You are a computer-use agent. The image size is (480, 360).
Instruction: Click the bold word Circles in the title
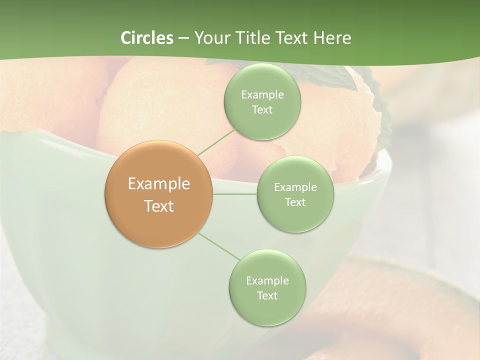[147, 38]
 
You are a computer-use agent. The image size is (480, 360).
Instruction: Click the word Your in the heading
[212, 38]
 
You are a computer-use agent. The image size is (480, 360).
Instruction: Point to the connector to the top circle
[216, 142]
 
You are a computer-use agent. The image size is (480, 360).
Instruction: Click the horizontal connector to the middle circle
[234, 194]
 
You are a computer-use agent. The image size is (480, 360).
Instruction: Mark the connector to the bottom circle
[219, 246]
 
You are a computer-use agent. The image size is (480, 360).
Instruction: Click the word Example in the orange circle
[159, 184]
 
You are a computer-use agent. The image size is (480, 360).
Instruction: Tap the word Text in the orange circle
[159, 206]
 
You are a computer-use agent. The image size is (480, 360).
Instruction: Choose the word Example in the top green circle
[262, 95]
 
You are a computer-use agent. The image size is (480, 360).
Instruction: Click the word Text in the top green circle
[262, 110]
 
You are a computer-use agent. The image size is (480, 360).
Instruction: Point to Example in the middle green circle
[295, 187]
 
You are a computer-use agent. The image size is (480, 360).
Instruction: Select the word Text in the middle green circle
[295, 202]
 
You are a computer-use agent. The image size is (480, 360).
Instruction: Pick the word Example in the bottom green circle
[267, 281]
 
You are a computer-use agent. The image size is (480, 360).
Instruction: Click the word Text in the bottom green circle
[267, 296]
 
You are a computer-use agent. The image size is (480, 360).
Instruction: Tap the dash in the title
[183, 38]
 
